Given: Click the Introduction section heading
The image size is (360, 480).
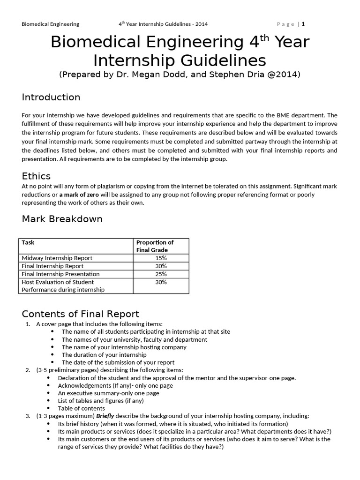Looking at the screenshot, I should [x=51, y=97].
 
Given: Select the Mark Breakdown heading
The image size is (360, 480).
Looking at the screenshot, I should [x=62, y=219].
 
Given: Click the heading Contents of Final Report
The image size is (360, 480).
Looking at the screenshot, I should [x=81, y=314].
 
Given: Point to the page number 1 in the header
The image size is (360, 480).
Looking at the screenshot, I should [x=303, y=24].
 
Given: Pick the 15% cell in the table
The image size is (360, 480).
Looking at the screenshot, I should [x=161, y=258].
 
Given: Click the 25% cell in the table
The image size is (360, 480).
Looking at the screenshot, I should [x=161, y=274].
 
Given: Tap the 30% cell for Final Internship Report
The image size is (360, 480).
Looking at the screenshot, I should [x=161, y=266].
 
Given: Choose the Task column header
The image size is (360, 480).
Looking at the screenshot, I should [x=28, y=242].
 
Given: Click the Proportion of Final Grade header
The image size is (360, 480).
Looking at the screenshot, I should [x=155, y=246].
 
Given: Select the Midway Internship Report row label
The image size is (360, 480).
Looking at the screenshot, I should [x=57, y=258].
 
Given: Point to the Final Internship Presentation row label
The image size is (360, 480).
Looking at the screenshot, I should [x=60, y=274].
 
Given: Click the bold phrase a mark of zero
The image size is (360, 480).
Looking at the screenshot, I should [x=79, y=194].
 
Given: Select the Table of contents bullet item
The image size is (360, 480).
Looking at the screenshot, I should [x=79, y=408].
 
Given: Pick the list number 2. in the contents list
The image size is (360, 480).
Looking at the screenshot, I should [x=28, y=370].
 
